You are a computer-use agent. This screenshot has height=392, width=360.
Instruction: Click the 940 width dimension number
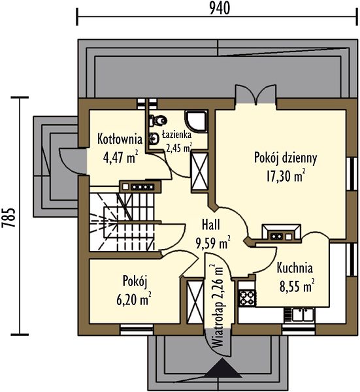tap(220, 8)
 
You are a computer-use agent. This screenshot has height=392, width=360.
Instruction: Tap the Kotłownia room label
tap(120, 139)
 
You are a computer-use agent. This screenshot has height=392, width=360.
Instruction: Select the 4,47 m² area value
tap(120, 157)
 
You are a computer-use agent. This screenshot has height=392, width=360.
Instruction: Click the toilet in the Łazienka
tap(157, 121)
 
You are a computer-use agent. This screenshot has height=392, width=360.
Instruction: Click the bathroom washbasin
tap(154, 139)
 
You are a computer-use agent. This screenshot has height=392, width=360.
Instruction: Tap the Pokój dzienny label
tap(286, 158)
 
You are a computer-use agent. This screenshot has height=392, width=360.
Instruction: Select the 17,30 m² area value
tap(286, 176)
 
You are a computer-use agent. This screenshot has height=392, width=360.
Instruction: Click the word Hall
tap(211, 225)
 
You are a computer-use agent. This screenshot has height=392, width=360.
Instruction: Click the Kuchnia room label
tap(295, 268)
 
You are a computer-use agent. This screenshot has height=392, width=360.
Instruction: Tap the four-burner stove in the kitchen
tap(247, 298)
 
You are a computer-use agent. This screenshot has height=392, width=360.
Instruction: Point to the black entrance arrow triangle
tap(223, 367)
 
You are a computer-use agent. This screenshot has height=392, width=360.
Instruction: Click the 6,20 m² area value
tap(134, 299)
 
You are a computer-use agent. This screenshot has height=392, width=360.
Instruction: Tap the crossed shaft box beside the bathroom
tap(199, 171)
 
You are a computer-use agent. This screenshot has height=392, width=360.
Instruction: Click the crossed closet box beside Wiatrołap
tap(195, 302)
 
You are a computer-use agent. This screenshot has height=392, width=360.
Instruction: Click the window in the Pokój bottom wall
tap(137, 329)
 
